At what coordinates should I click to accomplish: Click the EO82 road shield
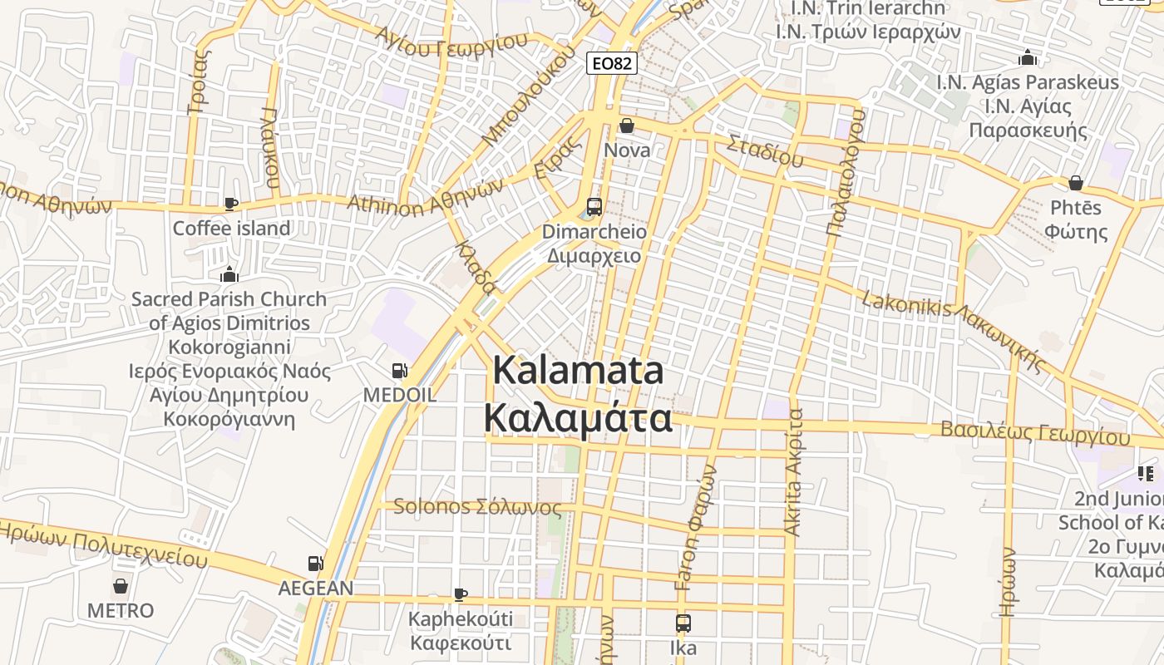coord(612,63)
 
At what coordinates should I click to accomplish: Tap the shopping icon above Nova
coord(627,126)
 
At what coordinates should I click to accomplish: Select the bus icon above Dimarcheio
coord(594,207)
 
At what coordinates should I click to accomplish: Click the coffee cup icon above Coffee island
coord(231,204)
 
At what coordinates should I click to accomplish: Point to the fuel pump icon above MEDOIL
coord(400,370)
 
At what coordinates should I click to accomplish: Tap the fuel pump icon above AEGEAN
coord(315,564)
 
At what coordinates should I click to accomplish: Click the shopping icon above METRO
coord(121,586)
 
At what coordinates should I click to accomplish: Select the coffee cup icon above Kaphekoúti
coord(460,594)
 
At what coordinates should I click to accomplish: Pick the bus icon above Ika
coord(683,623)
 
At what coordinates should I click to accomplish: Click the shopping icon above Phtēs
coord(1076,183)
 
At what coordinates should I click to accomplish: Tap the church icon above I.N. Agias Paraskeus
coord(1028,58)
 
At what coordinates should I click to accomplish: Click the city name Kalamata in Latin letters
coord(579,371)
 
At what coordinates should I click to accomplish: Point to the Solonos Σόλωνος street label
coord(477,506)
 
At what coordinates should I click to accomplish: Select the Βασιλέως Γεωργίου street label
coord(1035,433)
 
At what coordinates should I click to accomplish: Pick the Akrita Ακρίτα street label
coord(794,471)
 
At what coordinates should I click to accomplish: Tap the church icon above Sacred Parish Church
coord(229,274)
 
